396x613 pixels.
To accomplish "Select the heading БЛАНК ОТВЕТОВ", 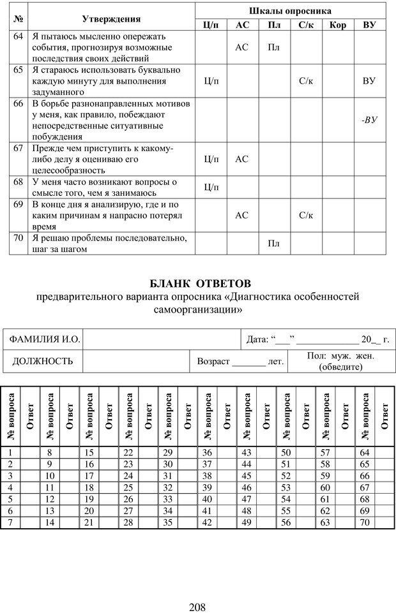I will pyautogui.click(x=201, y=283).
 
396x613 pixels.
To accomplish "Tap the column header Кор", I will pyautogui.click(x=339, y=25).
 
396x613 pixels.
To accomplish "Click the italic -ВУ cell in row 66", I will pyautogui.click(x=369, y=119).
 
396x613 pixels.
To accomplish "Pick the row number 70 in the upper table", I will pyautogui.click(x=19, y=238).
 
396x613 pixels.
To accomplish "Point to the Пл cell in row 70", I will pyautogui.click(x=274, y=244).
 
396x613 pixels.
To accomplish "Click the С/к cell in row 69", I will pyautogui.click(x=306, y=216).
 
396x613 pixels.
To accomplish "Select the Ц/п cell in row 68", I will pyautogui.click(x=211, y=187).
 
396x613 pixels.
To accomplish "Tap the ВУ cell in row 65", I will pyautogui.click(x=369, y=81).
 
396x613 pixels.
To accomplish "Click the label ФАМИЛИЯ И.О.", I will pyautogui.click(x=44, y=339).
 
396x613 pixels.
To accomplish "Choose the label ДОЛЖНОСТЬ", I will pyautogui.click(x=43, y=361).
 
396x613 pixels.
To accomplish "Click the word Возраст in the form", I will pyautogui.click(x=213, y=361).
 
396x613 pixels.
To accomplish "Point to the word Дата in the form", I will pyautogui.click(x=257, y=339).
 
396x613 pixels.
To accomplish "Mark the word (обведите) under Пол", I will pyautogui.click(x=340, y=367).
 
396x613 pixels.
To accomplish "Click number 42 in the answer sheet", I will pyautogui.click(x=207, y=522).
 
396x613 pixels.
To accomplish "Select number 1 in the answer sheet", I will pyautogui.click(x=10, y=453).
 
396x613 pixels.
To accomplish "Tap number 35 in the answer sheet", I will pyautogui.click(x=168, y=522).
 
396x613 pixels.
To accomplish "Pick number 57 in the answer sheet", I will pyautogui.click(x=325, y=453).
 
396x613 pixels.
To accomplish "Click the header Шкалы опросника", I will pyautogui.click(x=290, y=11).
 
